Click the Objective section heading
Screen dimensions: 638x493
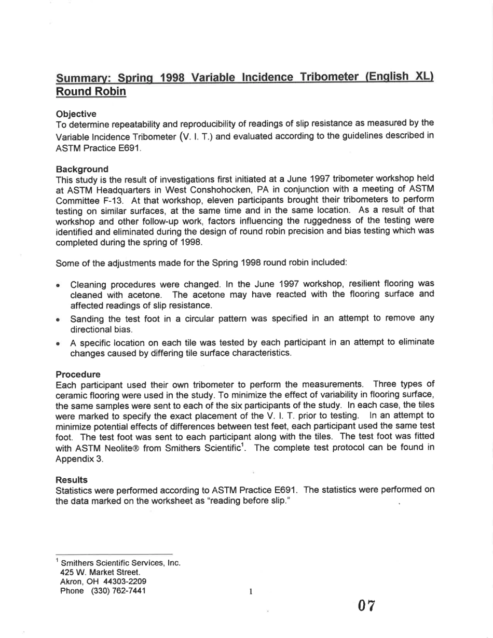76,114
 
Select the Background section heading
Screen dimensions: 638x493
82,169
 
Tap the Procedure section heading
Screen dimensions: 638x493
78,374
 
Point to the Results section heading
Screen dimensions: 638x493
72,480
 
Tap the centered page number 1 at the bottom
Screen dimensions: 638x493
250,591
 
